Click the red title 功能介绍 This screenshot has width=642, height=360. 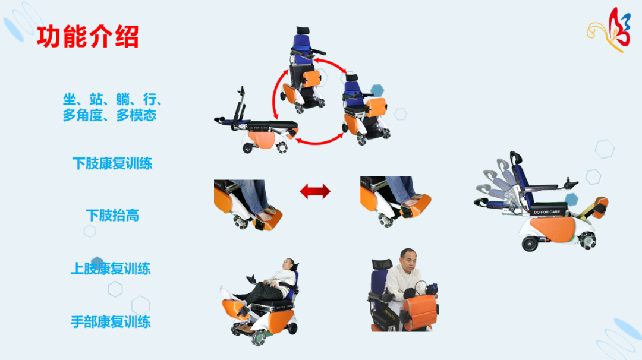coord(87,36)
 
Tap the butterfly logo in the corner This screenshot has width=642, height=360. coord(609,30)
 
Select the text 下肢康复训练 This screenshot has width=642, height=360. coord(112,163)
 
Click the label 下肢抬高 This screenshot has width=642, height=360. coord(112,215)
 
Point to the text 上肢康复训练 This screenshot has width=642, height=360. coord(111,269)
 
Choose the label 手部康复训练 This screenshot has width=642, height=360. coord(111,322)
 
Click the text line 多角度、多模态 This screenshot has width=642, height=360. coord(109,115)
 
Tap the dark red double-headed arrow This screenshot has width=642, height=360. coord(315,191)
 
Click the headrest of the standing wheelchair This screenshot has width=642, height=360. coord(303,31)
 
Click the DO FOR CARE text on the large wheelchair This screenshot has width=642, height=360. coord(547,212)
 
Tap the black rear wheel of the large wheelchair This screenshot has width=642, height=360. coord(530,244)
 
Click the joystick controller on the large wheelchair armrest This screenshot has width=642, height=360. coord(570,182)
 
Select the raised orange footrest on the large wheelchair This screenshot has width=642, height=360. coord(600,206)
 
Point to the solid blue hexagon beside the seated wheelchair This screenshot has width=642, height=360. coord(377,90)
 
